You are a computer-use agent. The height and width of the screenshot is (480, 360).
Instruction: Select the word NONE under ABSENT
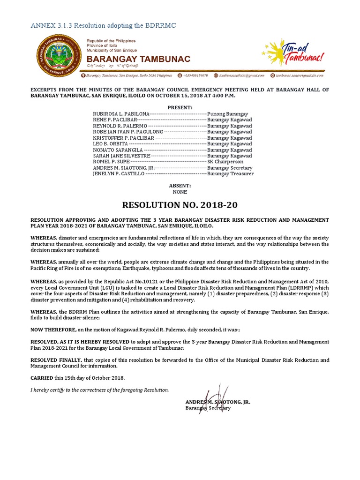coord(180,192)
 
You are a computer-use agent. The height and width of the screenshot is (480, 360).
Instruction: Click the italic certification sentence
coord(99,390)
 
